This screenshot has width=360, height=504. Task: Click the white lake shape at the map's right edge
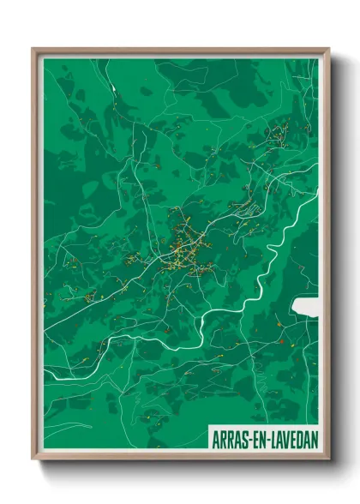click(304, 307)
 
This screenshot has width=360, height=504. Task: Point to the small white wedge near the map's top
click(111, 87)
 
